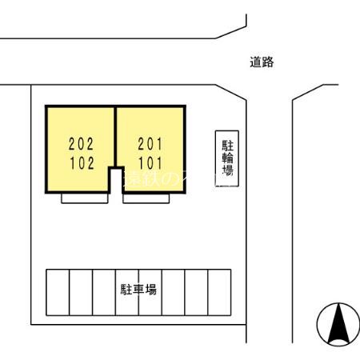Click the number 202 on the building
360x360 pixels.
point(81,145)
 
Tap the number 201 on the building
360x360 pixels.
point(150,145)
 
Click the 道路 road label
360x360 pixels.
point(262,62)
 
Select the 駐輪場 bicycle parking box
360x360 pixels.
point(227,158)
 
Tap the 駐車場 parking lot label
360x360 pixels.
point(138,289)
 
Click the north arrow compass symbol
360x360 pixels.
point(338,325)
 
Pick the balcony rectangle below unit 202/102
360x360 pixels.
point(84,198)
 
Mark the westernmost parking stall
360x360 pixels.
point(58,292)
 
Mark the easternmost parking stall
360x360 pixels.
point(219,292)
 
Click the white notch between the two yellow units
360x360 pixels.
point(115,179)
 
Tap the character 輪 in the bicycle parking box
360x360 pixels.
point(227,158)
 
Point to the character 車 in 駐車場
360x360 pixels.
point(138,289)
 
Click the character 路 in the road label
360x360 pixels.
point(268,62)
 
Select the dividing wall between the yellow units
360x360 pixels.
point(115,136)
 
